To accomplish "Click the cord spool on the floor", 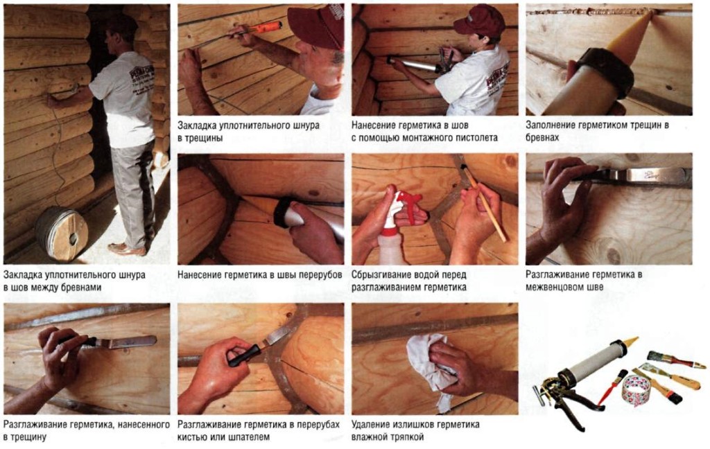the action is point(62,233).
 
